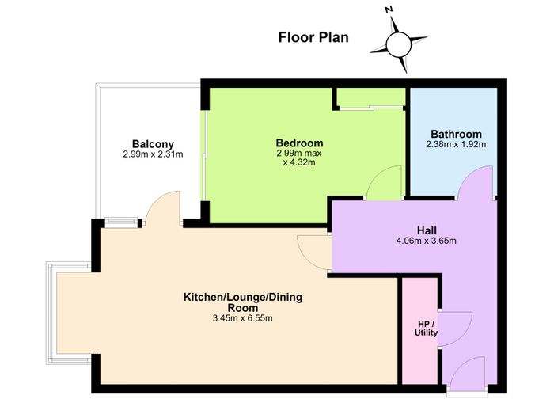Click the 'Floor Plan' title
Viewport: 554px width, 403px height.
pos(313,37)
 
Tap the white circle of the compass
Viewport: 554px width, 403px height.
pos(399,44)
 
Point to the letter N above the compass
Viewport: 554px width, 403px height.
pos(389,10)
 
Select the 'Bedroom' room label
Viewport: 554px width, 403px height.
pos(299,143)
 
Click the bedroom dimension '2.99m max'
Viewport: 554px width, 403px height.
pos(299,153)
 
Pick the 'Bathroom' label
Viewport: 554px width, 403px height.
pos(456,135)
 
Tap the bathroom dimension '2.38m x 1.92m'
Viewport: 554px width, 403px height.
pos(456,144)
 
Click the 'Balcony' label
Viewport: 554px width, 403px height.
pos(153,144)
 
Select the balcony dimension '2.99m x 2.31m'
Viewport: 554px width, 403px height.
pos(153,154)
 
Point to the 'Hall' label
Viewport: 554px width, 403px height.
pos(427,231)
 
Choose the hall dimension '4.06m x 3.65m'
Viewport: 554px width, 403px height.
pos(427,241)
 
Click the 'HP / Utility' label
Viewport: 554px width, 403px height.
pos(426,329)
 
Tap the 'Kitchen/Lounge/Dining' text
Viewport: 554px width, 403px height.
pos(243,297)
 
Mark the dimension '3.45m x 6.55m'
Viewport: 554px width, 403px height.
pos(242,318)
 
